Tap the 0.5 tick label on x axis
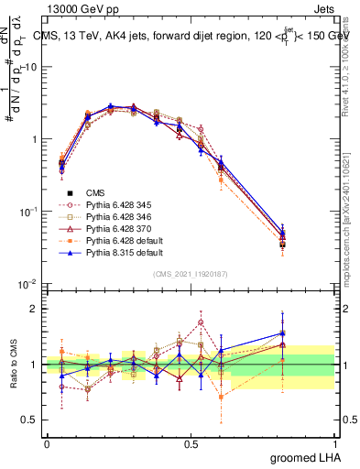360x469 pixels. tap(191, 443)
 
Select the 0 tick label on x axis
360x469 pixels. tap(47, 443)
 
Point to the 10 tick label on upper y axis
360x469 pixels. tap(30, 67)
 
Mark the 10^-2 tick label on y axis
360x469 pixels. tap(27, 283)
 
